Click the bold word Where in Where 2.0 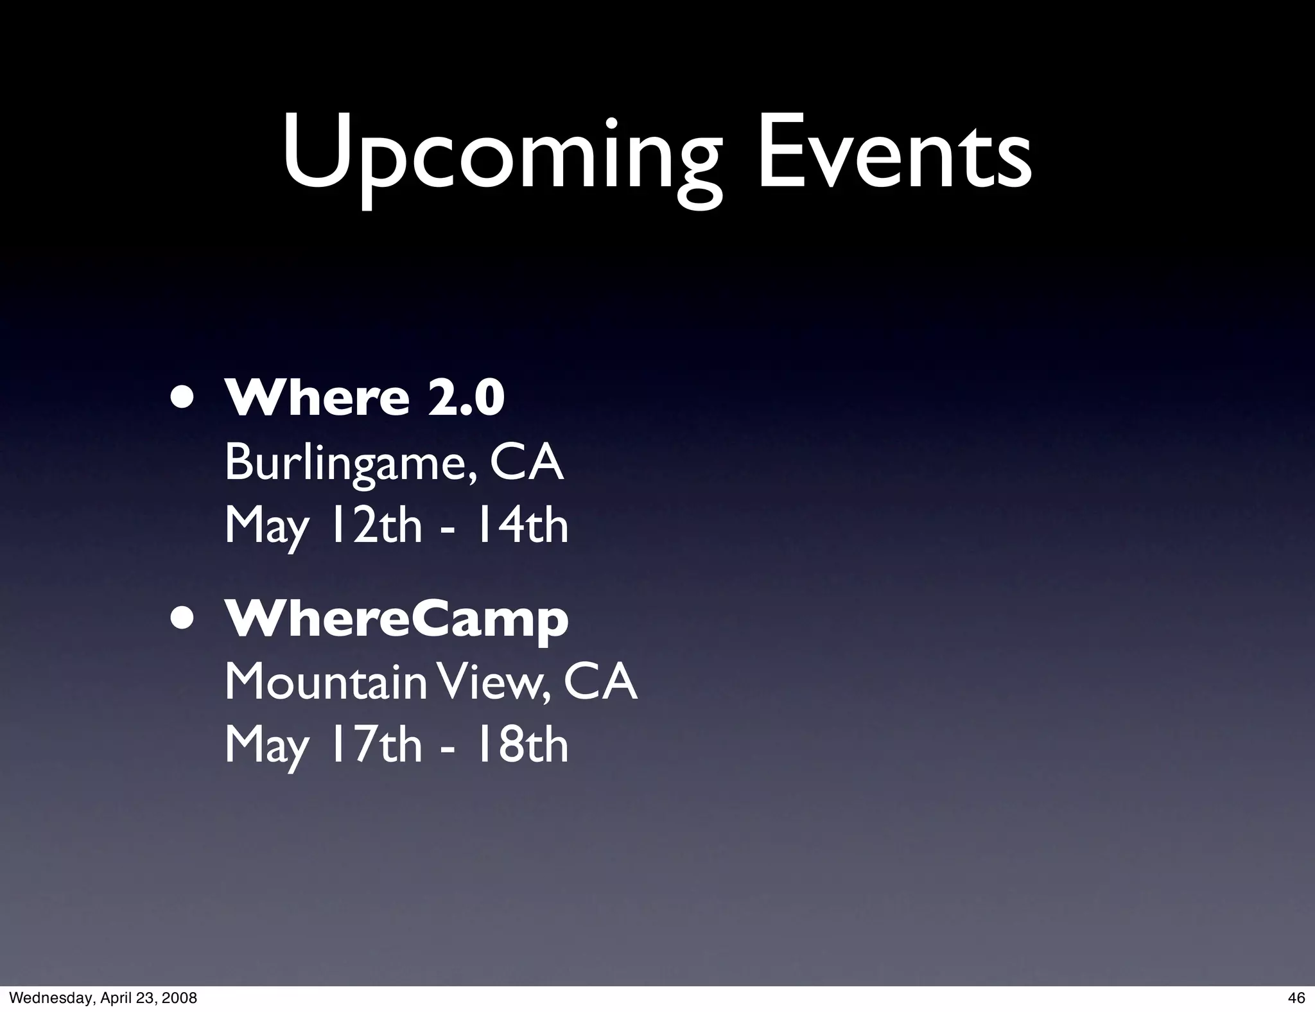(x=317, y=397)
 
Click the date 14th (x=521, y=525)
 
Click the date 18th (x=521, y=745)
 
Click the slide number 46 (x=1296, y=997)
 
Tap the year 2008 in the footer (x=180, y=997)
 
